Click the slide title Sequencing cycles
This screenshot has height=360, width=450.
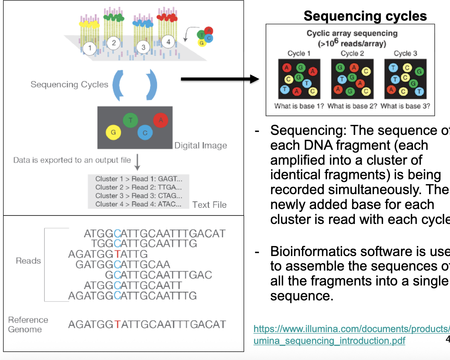pyautogui.click(x=365, y=16)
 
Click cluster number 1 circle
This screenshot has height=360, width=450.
pyautogui.click(x=90, y=48)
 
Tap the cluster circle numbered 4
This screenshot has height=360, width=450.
pyautogui.click(x=168, y=42)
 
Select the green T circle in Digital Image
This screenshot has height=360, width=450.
pyautogui.click(x=131, y=120)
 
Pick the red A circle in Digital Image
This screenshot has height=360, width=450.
pyautogui.click(x=160, y=120)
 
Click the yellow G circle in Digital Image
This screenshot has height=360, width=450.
pyautogui.click(x=113, y=133)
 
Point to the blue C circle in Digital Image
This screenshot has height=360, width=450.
pyautogui.click(x=145, y=133)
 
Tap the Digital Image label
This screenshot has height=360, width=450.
pyautogui.click(x=201, y=146)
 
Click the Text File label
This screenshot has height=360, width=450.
pyautogui.click(x=209, y=205)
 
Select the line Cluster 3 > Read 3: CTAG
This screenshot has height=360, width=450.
pyautogui.click(x=138, y=196)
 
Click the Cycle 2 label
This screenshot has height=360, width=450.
pyautogui.click(x=352, y=54)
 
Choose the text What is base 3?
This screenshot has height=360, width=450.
pyautogui.click(x=405, y=106)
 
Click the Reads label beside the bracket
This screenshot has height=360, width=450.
pyautogui.click(x=28, y=261)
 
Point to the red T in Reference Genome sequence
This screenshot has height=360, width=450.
pyautogui.click(x=118, y=324)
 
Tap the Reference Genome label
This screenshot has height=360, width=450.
pyautogui.click(x=28, y=324)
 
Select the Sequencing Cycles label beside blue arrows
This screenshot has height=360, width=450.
pyautogui.click(x=70, y=84)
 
